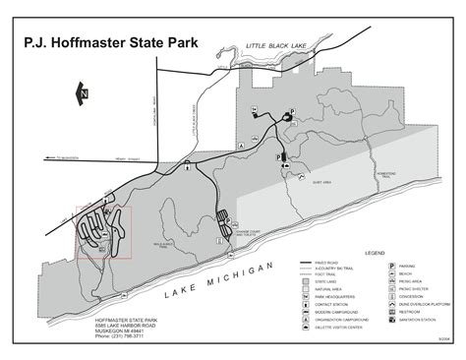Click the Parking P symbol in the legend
(x=393, y=266)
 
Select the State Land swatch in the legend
(x=307, y=281)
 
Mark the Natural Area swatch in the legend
(x=307, y=289)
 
